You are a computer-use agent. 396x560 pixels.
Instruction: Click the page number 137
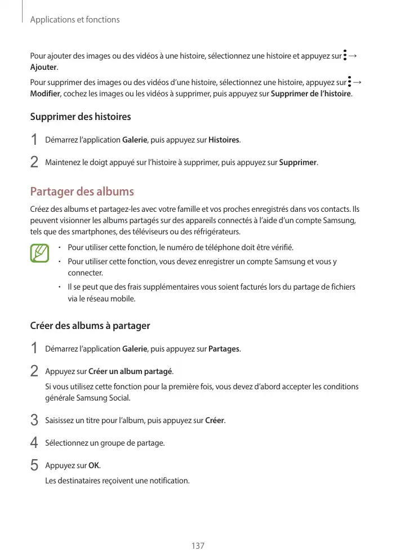tap(198, 546)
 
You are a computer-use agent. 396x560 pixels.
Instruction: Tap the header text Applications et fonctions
tap(75, 20)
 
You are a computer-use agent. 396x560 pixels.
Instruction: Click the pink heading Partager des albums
tap(82, 191)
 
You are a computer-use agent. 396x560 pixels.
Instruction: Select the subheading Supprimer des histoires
tap(80, 117)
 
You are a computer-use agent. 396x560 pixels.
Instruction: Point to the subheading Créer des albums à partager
tap(90, 326)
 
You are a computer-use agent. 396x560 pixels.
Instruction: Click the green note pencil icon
tap(39, 253)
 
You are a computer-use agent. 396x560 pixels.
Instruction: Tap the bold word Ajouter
tap(43, 67)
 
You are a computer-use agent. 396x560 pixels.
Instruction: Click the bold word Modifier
tap(45, 93)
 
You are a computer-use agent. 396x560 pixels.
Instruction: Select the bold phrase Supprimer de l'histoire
tap(311, 93)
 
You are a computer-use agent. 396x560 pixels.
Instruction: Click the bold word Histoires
tap(224, 139)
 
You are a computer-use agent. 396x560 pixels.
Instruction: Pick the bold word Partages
tap(224, 349)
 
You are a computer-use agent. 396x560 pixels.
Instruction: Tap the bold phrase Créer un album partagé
tap(131, 372)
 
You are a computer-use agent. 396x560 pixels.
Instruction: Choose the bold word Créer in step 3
tap(215, 421)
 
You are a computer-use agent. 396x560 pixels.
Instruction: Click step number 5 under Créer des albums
tap(34, 466)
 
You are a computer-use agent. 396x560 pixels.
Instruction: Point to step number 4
tap(34, 443)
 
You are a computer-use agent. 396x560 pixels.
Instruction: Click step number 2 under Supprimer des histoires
tap(34, 163)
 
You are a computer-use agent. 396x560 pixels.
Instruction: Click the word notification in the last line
tap(167, 481)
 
